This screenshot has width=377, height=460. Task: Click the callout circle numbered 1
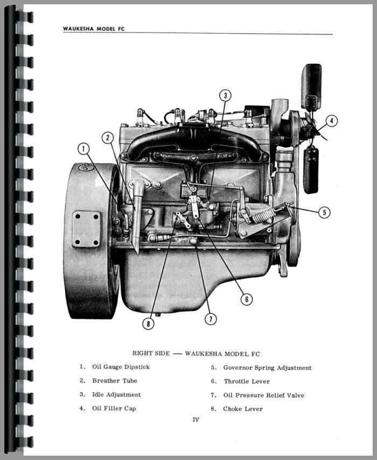[83, 149]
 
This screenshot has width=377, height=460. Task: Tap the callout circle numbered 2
[108, 137]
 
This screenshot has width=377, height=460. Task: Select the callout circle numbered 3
[226, 95]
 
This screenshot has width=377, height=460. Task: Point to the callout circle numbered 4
[332, 121]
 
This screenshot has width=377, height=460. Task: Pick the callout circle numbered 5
[324, 212]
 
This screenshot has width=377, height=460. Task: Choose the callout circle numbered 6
[246, 299]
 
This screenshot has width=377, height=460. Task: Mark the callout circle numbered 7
[211, 319]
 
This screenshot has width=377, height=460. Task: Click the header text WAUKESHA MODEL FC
[93, 29]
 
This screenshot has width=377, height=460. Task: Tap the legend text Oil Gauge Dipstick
[121, 367]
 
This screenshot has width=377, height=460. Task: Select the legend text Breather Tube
[114, 380]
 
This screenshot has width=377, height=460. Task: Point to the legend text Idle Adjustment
[116, 394]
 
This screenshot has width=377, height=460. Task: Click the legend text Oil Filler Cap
[114, 408]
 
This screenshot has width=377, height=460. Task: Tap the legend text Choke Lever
[243, 409]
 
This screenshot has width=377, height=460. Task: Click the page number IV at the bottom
[196, 420]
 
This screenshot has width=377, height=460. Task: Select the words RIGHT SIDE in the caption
[151, 353]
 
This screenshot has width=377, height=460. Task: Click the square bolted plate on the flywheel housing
[86, 229]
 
